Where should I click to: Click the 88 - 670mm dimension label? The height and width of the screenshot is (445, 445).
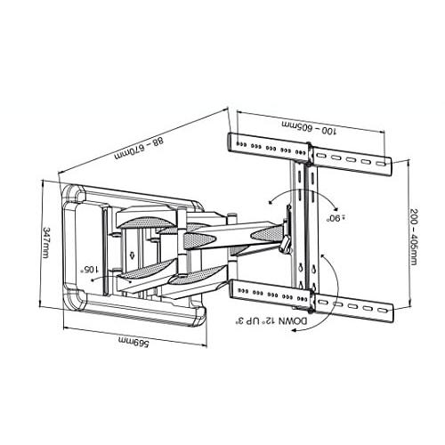click(x=139, y=148)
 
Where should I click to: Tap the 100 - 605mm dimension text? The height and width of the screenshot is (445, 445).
click(x=310, y=127)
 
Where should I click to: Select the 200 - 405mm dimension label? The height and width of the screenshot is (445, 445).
click(x=414, y=237)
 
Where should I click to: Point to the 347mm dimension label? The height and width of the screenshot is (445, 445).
click(x=45, y=242)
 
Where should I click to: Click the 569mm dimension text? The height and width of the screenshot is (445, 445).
click(x=133, y=342)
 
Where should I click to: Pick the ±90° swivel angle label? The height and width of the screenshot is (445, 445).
click(x=336, y=217)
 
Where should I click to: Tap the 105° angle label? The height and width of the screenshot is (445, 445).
click(x=91, y=270)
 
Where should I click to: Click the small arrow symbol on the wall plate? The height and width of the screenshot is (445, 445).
click(x=132, y=255)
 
